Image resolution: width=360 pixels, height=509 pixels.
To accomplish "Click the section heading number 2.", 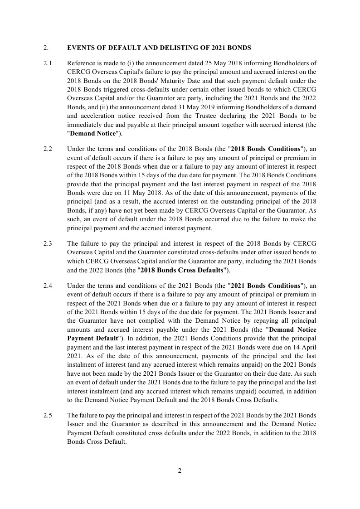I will pos(45,48).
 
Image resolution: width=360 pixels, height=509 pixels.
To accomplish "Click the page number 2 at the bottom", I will pos(180,470).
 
